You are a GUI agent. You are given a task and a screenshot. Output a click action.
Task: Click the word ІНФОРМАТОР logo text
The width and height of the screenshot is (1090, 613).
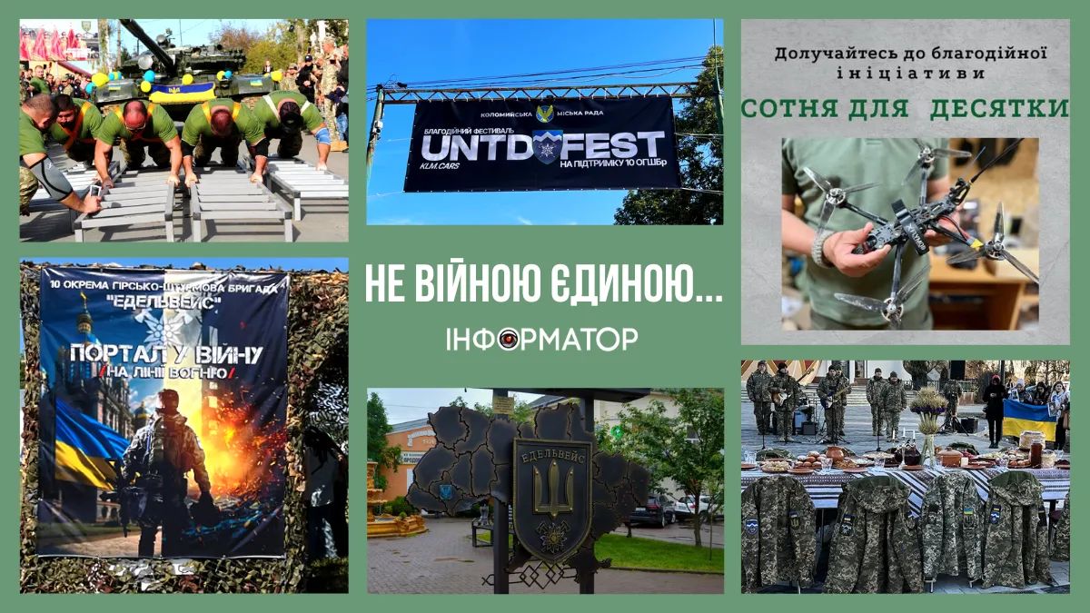coord(542,340)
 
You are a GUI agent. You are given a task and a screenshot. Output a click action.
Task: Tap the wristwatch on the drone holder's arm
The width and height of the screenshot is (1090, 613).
coord(822,248)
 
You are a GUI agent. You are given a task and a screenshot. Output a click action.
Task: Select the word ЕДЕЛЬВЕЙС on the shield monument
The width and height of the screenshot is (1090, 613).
coord(552,450)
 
